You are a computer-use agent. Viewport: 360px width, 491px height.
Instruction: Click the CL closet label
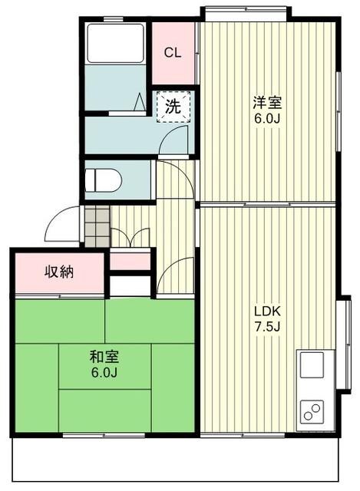tap(173, 53)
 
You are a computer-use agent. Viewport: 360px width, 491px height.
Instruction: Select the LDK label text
tap(268, 311)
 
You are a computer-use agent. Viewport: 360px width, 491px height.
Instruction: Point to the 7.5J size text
tap(268, 327)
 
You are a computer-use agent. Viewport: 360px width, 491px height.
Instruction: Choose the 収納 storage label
tap(58, 272)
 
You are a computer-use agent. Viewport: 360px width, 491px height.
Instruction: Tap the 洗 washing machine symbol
tap(173, 107)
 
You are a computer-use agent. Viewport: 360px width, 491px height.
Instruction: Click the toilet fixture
tap(103, 181)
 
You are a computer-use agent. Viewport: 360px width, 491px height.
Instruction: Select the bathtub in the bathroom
tap(116, 44)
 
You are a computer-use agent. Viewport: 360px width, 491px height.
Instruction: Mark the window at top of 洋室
tap(246, 11)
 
